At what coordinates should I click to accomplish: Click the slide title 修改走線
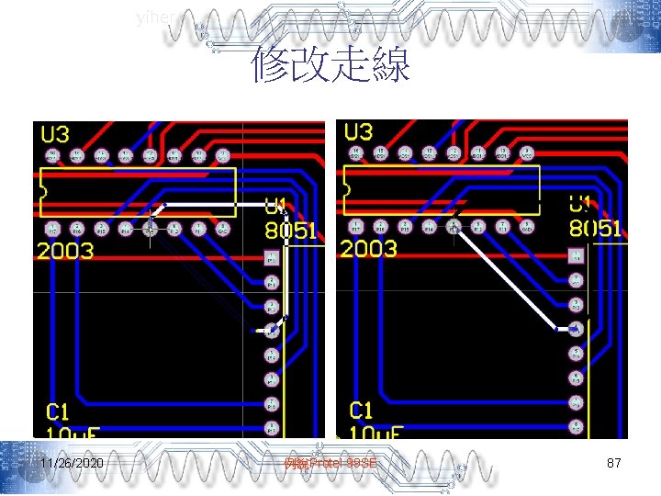pos(330,66)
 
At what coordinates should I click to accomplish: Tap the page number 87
pos(614,464)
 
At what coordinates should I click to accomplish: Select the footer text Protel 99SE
pos(330,464)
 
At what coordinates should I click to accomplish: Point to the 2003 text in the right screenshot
pos(369,248)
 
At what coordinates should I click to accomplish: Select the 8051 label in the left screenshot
pos(290,230)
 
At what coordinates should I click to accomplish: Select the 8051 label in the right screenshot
pos(595,230)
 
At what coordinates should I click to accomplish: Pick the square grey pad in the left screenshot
pos(272,258)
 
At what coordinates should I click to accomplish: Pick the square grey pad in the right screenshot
pos(576,256)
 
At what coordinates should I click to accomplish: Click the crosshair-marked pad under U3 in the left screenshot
pos(151,228)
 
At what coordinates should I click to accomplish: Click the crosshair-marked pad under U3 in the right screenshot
pos(453,226)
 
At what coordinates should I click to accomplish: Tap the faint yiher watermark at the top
pos(152,17)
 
